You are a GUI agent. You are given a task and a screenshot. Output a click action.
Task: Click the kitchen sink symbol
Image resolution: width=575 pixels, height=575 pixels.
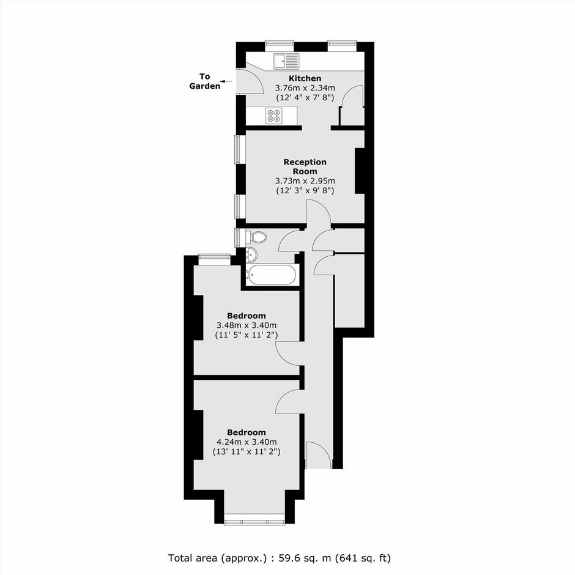point(286,61)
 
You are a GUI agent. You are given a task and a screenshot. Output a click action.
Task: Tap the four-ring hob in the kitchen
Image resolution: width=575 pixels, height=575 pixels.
point(275,116)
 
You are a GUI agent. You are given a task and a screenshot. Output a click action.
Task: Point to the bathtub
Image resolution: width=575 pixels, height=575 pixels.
point(271,275)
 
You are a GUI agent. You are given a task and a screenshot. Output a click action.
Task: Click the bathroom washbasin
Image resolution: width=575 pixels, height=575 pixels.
point(251,254)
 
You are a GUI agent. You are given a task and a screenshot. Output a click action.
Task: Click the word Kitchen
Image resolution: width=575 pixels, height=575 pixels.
point(305,78)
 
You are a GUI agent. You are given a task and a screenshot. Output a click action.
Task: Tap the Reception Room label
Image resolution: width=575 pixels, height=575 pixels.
point(305,166)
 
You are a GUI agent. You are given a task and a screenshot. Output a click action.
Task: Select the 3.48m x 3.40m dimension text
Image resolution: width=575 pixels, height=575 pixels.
point(247,325)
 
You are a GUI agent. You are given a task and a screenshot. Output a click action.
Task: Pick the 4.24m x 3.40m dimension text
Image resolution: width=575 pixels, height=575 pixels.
point(247,442)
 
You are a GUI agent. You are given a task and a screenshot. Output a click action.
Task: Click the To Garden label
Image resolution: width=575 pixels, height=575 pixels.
point(205,81)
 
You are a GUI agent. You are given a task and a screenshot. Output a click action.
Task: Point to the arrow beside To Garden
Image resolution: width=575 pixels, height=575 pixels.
point(226,81)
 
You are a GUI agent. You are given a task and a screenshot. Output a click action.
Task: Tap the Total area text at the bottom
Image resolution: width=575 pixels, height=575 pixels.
point(280,558)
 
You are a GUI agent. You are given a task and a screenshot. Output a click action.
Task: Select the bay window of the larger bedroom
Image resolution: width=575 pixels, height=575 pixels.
point(254,521)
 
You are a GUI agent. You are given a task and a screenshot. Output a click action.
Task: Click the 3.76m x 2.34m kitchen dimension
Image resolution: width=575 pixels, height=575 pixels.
point(305,88)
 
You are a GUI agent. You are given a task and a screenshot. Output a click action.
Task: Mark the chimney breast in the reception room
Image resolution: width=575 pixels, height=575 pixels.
point(360,171)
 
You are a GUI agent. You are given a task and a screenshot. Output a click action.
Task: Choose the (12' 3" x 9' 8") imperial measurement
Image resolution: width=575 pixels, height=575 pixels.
point(305,191)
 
